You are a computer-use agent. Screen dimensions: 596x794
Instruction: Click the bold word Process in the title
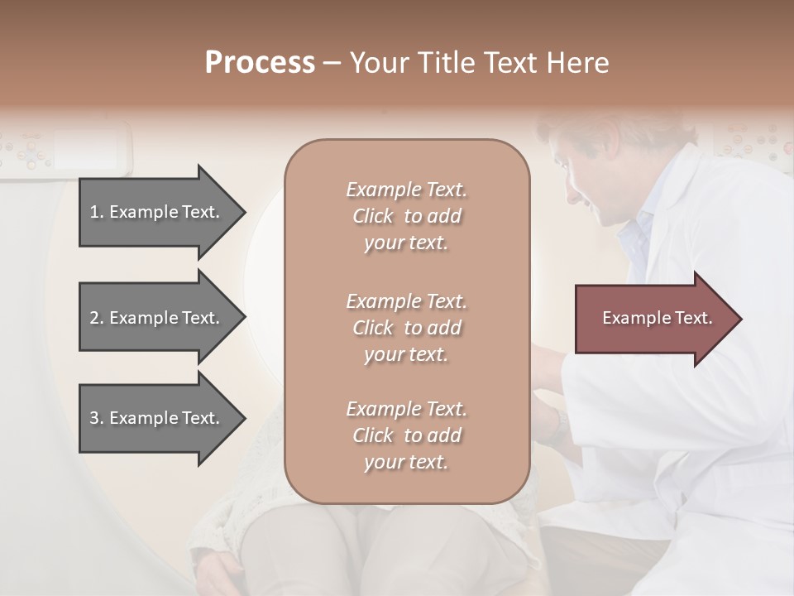[x=260, y=63]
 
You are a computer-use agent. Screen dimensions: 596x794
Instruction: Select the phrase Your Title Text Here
[x=479, y=63]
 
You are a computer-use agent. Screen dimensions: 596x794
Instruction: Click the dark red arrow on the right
[x=653, y=319]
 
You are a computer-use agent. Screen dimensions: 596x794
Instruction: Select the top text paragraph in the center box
[x=406, y=216]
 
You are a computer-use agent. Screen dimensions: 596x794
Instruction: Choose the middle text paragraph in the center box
[x=406, y=328]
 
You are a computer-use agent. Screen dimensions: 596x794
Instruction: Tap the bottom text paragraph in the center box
[x=406, y=435]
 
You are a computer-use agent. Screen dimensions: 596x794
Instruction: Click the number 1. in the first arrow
[x=97, y=212]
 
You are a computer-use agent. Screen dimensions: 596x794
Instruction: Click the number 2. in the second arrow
[x=97, y=318]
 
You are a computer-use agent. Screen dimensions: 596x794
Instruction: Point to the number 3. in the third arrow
[x=97, y=418]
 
